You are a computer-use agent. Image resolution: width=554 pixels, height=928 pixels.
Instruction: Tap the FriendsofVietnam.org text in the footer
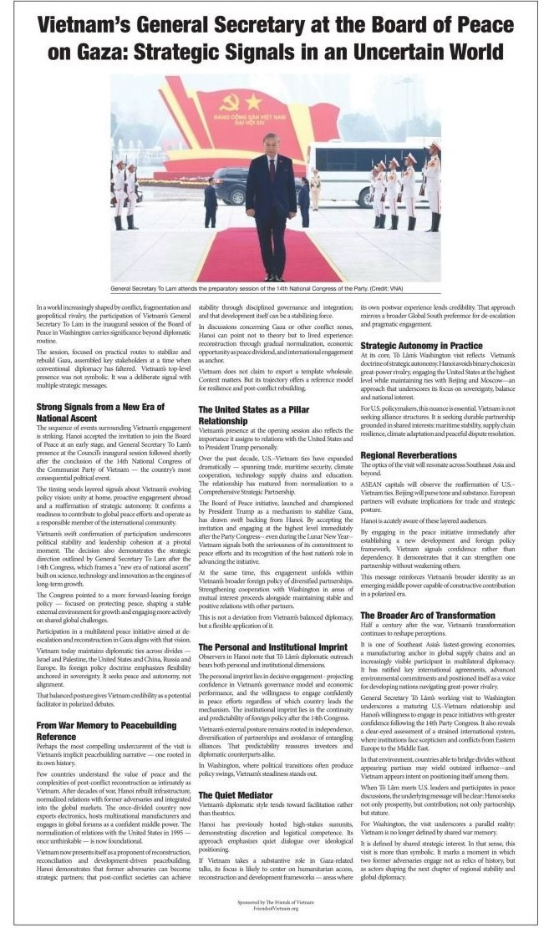click(277, 910)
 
